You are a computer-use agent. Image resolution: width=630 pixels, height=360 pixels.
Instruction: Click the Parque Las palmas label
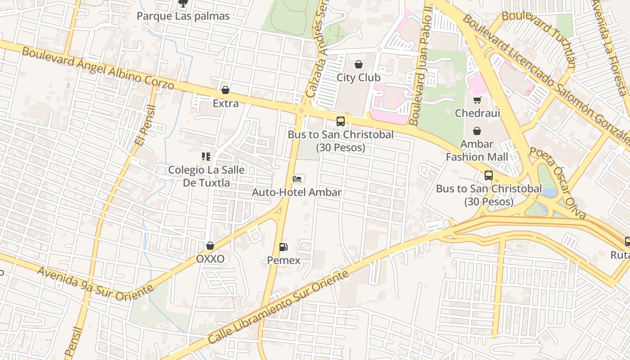click(183, 16)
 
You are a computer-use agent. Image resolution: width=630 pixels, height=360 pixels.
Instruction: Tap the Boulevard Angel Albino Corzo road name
click(98, 68)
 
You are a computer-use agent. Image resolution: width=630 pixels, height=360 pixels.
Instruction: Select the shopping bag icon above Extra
click(225, 90)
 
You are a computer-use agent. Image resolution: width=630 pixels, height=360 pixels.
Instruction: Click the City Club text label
click(358, 77)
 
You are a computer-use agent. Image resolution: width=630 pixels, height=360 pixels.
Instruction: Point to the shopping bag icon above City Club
click(359, 64)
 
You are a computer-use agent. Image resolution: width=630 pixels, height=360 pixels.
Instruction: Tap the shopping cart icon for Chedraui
click(477, 100)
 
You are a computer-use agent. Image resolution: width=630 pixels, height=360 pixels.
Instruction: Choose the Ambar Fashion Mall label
click(477, 151)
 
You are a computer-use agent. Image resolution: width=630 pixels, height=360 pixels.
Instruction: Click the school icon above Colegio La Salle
click(206, 157)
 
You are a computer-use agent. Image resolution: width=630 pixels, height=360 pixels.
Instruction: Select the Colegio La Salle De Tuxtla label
click(206, 176)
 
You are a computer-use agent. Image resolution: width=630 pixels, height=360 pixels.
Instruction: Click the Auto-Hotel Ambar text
click(297, 193)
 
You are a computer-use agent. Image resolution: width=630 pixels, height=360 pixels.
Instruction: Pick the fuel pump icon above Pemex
click(283, 247)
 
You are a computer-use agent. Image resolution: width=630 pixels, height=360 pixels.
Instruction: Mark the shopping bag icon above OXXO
click(210, 246)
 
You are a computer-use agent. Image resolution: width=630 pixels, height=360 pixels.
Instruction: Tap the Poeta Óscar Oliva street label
click(558, 182)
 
